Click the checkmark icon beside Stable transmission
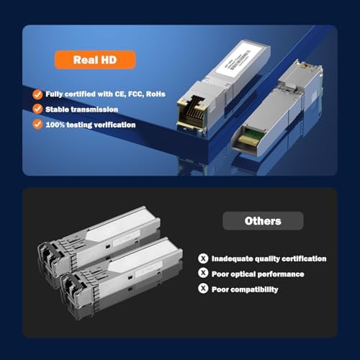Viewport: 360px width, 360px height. click(x=37, y=109)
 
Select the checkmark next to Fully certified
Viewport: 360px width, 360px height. click(x=37, y=94)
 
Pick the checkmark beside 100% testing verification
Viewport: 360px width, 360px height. click(x=37, y=124)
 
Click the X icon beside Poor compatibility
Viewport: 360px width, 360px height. click(x=203, y=289)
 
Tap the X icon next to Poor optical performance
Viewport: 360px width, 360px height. click(x=203, y=274)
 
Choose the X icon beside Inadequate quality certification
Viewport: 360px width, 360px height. click(x=203, y=258)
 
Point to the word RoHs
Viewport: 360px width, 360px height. click(x=154, y=94)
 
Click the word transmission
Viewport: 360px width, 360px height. click(x=94, y=109)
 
